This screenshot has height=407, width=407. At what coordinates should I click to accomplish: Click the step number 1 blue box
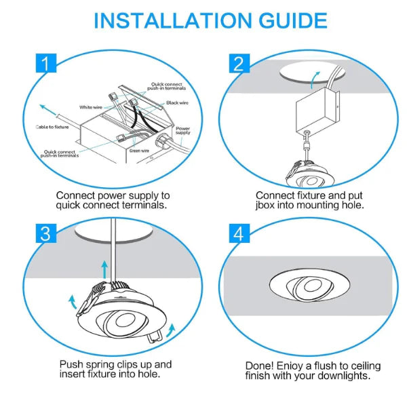tap(44, 64)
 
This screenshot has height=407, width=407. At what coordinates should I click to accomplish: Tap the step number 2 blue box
tap(237, 64)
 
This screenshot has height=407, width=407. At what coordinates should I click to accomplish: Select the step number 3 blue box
tap(44, 233)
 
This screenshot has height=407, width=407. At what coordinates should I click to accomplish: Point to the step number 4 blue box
tap(237, 233)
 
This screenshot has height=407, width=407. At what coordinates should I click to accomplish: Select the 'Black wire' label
tap(177, 103)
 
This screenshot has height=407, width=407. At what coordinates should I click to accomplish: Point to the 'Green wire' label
tap(138, 151)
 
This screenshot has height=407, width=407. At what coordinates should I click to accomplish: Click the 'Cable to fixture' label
tap(53, 127)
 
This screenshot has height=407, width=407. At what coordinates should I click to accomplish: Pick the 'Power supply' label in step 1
tap(183, 130)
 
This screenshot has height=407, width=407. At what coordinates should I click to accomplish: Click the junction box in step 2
tap(315, 111)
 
